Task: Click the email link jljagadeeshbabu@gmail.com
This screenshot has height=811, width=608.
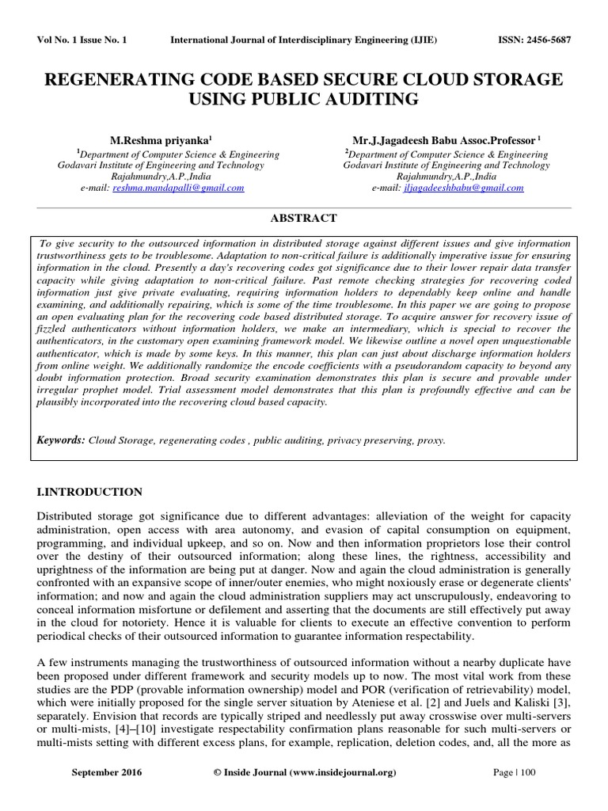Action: [463, 188]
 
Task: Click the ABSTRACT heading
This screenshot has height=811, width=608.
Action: [304, 218]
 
